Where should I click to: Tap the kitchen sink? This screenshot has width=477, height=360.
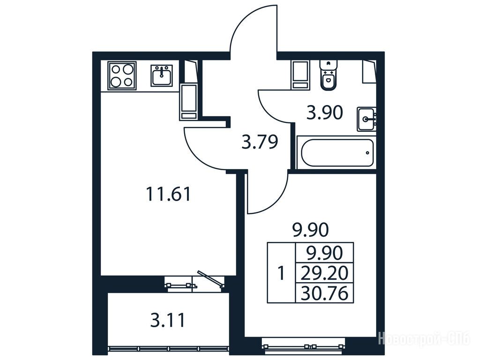pos(162,75)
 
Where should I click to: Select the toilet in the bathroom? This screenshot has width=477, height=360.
pos(329,75)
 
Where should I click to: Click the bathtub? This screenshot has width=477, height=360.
pos(337,153)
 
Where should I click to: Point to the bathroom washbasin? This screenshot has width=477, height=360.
pos(367,119)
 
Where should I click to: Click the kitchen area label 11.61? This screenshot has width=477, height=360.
pos(168,194)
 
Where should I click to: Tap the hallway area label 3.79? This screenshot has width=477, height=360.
pos(260,142)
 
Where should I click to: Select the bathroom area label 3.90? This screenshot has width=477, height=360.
pos(325,112)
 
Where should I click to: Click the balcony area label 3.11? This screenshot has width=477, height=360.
pos(168,321)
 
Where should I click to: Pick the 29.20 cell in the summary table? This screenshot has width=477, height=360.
pos(324,273)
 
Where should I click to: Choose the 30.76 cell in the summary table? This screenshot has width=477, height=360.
pos(324,293)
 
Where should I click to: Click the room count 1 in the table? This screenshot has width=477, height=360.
pos(282,273)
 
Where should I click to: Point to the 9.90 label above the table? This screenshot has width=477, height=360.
pos(311,230)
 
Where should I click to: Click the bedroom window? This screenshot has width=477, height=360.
pos(305,346)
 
